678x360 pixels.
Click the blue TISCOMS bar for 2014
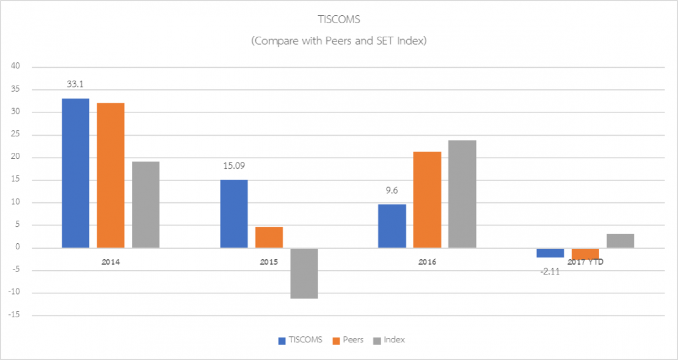point(76,173)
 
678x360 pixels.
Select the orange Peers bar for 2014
point(111,175)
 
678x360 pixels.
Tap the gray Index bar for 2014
point(145,205)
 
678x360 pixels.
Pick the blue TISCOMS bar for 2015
point(234,214)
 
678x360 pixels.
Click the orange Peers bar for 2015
point(269,237)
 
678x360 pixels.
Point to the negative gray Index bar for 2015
point(304,273)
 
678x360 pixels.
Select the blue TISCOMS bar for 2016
point(392,226)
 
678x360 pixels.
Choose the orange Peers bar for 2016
point(427,200)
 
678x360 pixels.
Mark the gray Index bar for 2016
point(462,194)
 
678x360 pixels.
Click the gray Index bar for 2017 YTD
point(620,241)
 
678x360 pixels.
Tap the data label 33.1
point(76,86)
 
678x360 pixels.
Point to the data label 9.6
point(392,191)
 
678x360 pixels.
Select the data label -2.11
point(549,271)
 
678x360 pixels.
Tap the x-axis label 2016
point(427,262)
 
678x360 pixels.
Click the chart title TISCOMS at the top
point(339,20)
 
